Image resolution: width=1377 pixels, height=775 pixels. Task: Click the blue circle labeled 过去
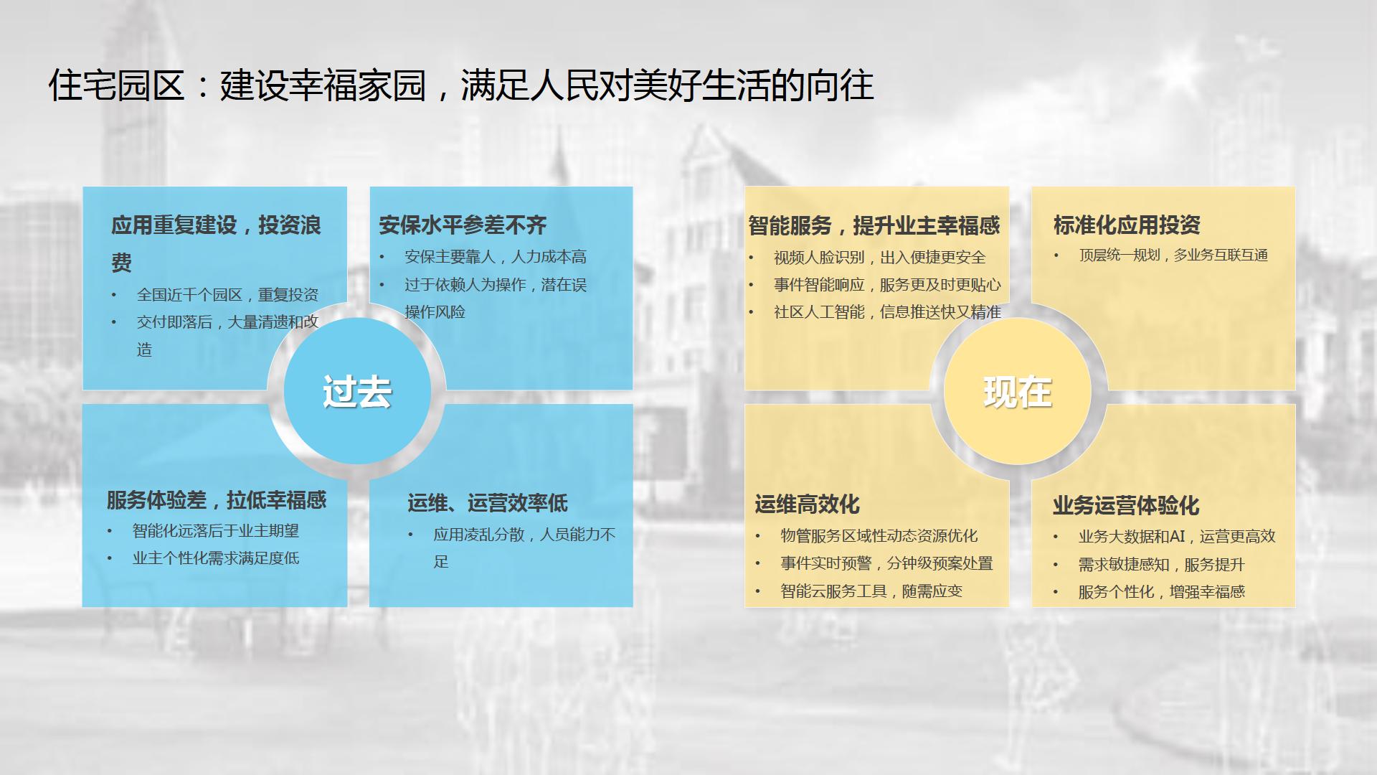click(357, 391)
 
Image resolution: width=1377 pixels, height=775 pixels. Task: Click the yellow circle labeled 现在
click(1018, 391)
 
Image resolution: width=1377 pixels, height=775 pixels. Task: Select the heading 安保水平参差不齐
click(463, 225)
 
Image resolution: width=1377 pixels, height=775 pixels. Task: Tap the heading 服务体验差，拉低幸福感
click(217, 500)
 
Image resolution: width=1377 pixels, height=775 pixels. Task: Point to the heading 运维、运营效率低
click(488, 503)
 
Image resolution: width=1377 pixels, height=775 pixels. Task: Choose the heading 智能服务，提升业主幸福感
click(874, 226)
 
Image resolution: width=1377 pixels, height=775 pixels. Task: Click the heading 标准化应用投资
click(1127, 225)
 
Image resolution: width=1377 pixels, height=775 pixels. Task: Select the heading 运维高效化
click(807, 504)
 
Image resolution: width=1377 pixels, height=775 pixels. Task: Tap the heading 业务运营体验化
click(1126, 506)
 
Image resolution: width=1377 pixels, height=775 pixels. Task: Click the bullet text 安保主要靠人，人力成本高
click(496, 257)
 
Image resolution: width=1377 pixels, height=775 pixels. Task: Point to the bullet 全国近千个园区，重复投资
click(228, 295)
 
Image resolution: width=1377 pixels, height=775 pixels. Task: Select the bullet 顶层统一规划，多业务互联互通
click(1173, 255)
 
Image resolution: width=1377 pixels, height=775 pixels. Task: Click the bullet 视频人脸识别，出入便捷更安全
click(880, 258)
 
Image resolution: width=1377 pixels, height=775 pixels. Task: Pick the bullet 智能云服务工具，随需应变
click(871, 591)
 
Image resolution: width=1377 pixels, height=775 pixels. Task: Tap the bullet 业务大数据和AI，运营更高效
click(1177, 537)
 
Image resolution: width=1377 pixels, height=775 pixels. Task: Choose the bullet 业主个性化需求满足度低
click(216, 558)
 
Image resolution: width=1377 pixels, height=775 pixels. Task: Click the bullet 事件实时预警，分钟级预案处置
click(886, 564)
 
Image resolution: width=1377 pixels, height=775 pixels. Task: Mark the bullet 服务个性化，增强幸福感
click(1162, 592)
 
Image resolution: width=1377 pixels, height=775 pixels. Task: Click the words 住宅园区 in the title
click(117, 85)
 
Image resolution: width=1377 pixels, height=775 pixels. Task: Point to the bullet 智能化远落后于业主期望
click(216, 531)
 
